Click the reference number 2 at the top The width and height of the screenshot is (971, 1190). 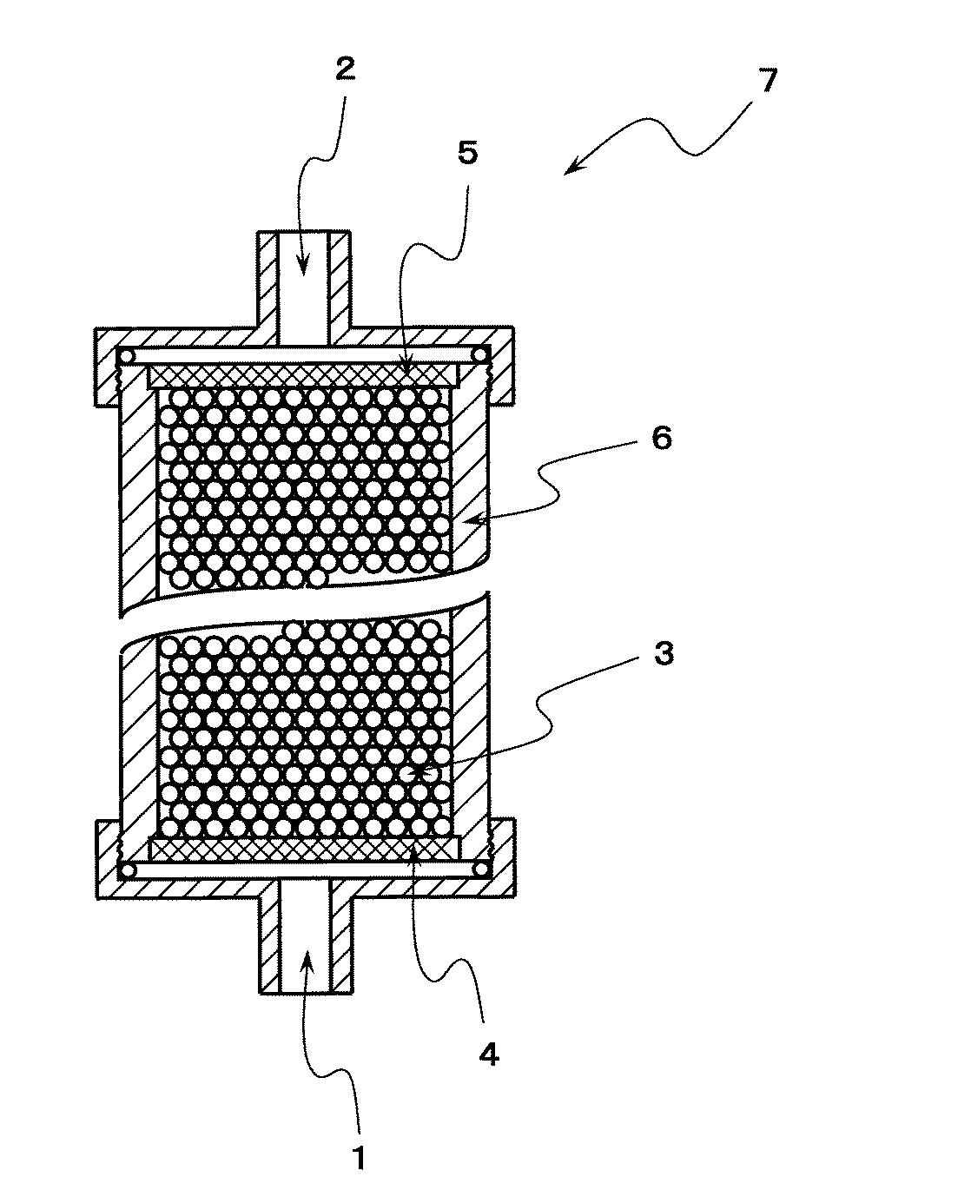point(345,69)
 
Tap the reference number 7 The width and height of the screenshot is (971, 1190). point(768,80)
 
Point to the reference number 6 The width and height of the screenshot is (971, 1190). point(661,439)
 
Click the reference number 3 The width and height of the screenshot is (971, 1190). point(664,655)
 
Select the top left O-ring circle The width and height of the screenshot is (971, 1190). point(128,356)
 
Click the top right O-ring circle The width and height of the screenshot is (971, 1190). point(480,355)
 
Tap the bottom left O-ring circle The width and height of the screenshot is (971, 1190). point(129,870)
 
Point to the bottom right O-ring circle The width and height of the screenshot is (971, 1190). point(481,870)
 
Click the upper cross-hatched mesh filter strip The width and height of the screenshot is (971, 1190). point(303,376)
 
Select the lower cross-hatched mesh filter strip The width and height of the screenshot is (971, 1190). point(305,850)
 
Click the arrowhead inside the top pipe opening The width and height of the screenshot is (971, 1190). point(303,264)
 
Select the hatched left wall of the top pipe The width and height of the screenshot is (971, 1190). point(268,288)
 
